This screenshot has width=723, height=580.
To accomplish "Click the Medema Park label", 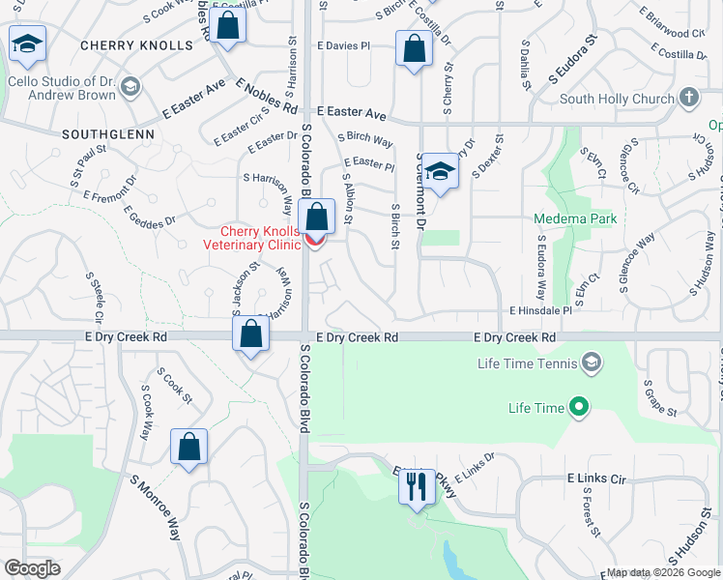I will tap(575, 219).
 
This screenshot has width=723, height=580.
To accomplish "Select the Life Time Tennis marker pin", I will tap(593, 363).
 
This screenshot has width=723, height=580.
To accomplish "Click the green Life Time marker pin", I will tap(579, 408).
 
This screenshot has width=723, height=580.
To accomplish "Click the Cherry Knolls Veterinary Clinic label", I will tap(261, 238).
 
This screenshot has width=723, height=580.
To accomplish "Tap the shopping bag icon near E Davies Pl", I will tap(414, 48).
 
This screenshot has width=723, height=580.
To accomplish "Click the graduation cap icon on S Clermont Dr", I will tap(440, 171).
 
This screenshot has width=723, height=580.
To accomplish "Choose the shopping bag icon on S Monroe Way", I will tap(188, 448).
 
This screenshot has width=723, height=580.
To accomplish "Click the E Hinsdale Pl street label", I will tap(541, 311).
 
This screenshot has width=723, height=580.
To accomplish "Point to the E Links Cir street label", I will tap(597, 478).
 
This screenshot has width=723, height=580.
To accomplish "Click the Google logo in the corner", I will tap(32, 568).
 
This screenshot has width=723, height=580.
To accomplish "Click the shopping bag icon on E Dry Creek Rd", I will tap(250, 335).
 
